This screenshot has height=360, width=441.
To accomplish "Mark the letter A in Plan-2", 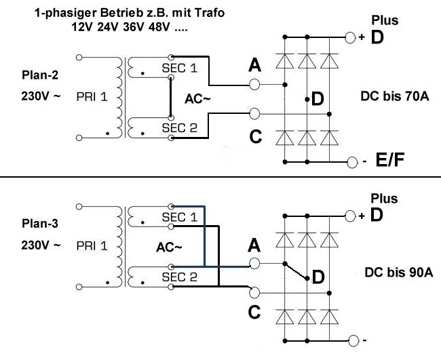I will (255, 65).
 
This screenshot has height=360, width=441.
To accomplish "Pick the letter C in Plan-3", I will (255, 313).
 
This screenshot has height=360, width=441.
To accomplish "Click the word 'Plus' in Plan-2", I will (384, 21).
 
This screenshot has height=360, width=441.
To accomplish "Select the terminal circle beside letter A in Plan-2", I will (255, 85).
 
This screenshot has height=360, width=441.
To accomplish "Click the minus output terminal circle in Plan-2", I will (351, 163).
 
